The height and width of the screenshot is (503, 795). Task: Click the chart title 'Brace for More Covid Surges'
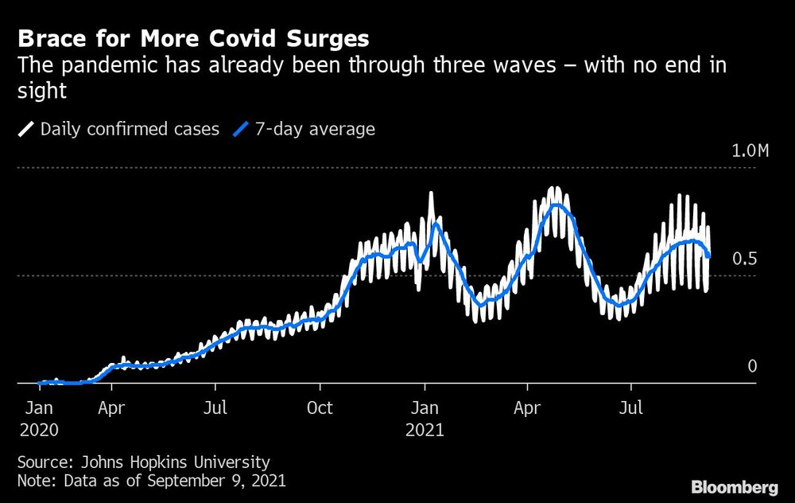(x=194, y=38)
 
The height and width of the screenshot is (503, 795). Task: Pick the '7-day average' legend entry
(x=315, y=129)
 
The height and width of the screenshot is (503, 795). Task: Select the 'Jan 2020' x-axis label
(x=39, y=419)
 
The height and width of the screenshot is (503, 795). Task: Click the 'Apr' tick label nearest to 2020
(x=111, y=408)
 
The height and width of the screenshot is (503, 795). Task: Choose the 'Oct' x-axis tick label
(x=320, y=408)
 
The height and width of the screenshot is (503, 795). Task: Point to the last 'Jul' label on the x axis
(x=631, y=408)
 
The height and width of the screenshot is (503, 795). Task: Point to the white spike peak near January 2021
(x=432, y=193)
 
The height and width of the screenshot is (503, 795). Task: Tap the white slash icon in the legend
(x=26, y=129)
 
